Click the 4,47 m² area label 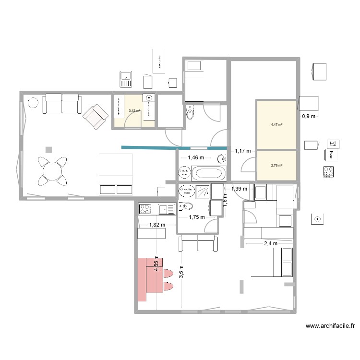(x=276, y=125)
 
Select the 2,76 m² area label (x=276, y=166)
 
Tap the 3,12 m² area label (x=134, y=111)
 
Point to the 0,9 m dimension (x=308, y=116)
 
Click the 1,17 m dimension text (x=243, y=151)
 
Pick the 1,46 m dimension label (x=196, y=157)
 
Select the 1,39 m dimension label (x=239, y=189)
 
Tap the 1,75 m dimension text (x=197, y=217)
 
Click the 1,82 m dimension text (x=156, y=224)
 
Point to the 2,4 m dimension (x=270, y=243)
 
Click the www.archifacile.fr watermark (x=330, y=326)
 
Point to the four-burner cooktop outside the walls (x=329, y=171)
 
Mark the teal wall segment (x=174, y=147)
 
